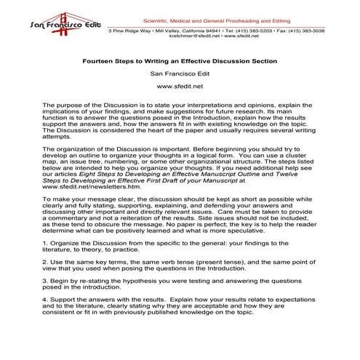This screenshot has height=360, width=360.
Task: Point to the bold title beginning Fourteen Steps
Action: click(179, 60)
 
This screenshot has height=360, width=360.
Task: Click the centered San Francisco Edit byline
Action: click(179, 73)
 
